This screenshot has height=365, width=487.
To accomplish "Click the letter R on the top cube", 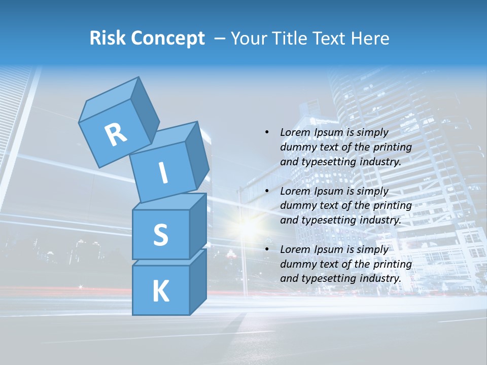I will click(116, 134).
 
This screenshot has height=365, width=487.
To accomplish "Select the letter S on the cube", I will click(160, 235).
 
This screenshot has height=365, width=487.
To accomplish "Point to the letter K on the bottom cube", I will click(160, 291).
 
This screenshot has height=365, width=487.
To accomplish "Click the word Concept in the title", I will click(167, 39).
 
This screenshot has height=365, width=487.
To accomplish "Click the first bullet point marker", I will click(267, 132).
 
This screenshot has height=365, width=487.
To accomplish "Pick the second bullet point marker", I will click(267, 191).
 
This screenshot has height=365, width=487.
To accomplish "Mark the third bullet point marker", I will click(267, 249).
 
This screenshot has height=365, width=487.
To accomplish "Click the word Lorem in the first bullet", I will click(294, 132).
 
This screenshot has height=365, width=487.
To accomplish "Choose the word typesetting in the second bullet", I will click(324, 220).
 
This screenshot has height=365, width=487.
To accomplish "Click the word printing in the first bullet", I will click(392, 147).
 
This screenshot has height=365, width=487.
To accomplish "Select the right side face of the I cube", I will click(197, 155).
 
